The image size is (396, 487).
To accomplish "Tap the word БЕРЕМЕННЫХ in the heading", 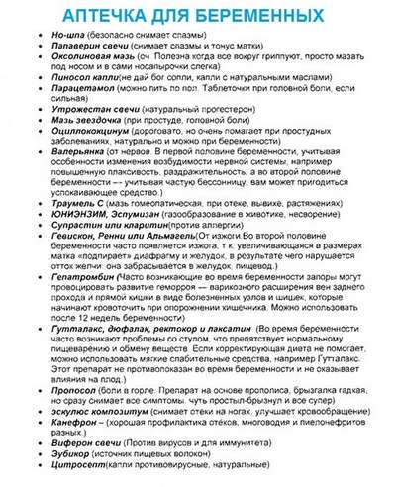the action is point(261,16).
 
